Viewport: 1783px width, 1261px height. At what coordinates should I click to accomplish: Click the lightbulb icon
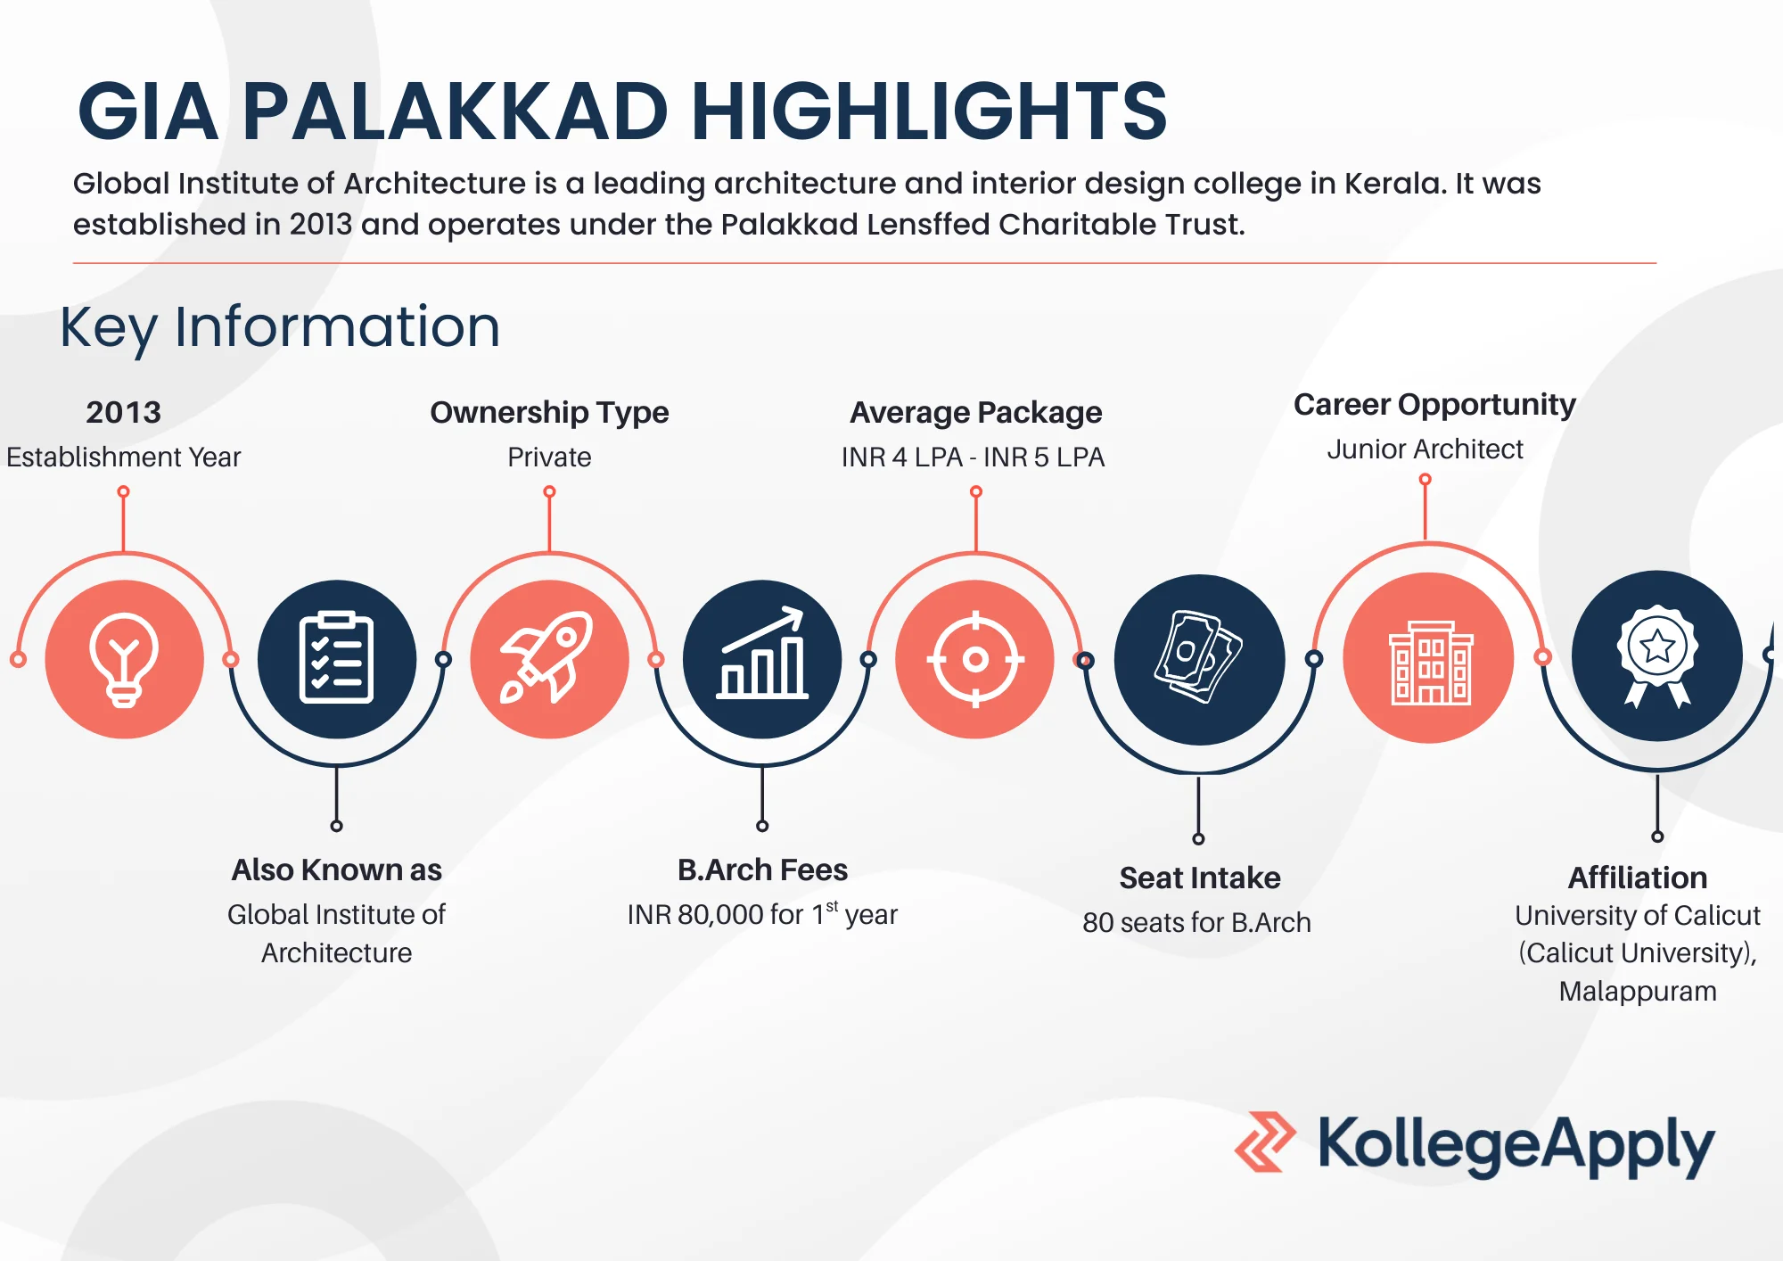tap(124, 660)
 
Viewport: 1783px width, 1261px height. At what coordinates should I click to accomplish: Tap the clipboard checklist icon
tap(336, 658)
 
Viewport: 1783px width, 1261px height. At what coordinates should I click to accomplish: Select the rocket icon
tap(546, 657)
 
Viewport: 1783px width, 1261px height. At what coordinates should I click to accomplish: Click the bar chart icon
tap(762, 653)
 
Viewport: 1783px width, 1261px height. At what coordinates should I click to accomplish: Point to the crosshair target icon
tap(975, 660)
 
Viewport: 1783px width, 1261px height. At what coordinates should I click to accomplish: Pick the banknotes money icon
tap(1198, 656)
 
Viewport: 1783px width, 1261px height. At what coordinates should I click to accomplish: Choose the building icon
tap(1430, 663)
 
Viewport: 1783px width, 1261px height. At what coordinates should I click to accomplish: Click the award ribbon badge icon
tap(1657, 656)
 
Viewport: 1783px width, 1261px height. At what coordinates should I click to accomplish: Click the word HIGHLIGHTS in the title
tap(929, 111)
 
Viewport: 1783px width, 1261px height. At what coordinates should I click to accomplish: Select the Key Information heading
tap(280, 327)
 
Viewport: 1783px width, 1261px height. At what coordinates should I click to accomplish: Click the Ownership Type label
tap(549, 412)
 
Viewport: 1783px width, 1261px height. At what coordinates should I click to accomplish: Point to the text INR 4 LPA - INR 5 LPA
tap(973, 457)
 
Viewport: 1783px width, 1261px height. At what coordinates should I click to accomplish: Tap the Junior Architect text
tap(1425, 449)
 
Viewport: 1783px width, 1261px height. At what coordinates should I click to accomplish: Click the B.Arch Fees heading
tap(762, 870)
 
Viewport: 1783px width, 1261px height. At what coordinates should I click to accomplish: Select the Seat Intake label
tap(1200, 878)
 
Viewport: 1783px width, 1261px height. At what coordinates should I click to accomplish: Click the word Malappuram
tap(1638, 992)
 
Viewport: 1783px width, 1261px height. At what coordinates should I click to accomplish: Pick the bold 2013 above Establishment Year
tap(123, 412)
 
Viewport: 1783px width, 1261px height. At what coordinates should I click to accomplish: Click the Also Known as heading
tap(336, 870)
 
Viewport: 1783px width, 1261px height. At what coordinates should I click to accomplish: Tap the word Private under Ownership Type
tap(549, 457)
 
